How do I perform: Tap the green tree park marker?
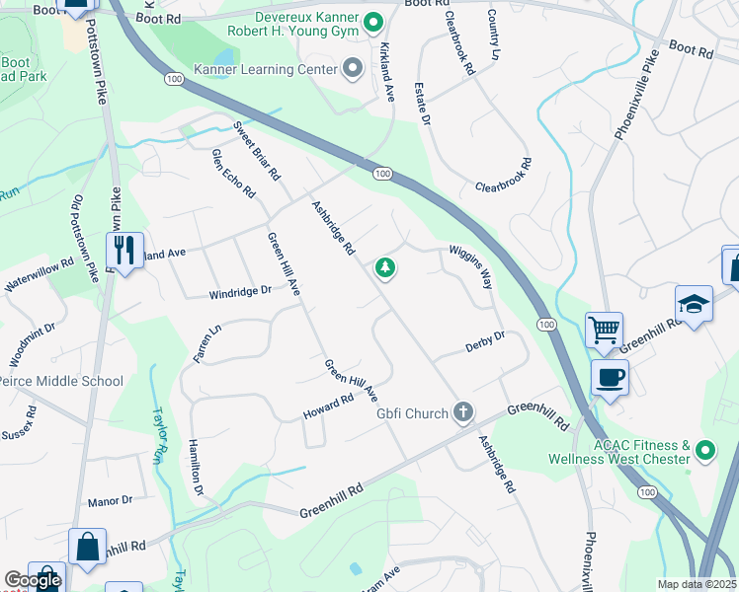click(x=384, y=268)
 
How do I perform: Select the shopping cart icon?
click(x=604, y=330)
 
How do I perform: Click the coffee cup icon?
click(x=610, y=376)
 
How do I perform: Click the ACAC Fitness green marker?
click(x=705, y=452)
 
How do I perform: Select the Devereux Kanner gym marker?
click(x=372, y=21)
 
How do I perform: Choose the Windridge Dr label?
click(x=239, y=293)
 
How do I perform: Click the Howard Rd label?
click(x=329, y=406)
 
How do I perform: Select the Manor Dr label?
click(x=110, y=501)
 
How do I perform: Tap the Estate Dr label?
click(x=422, y=104)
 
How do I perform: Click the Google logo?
click(x=33, y=580)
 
